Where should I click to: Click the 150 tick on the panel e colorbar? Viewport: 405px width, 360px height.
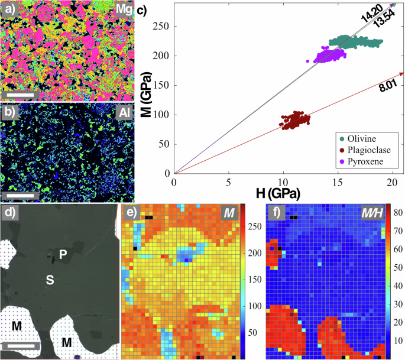[254, 279]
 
